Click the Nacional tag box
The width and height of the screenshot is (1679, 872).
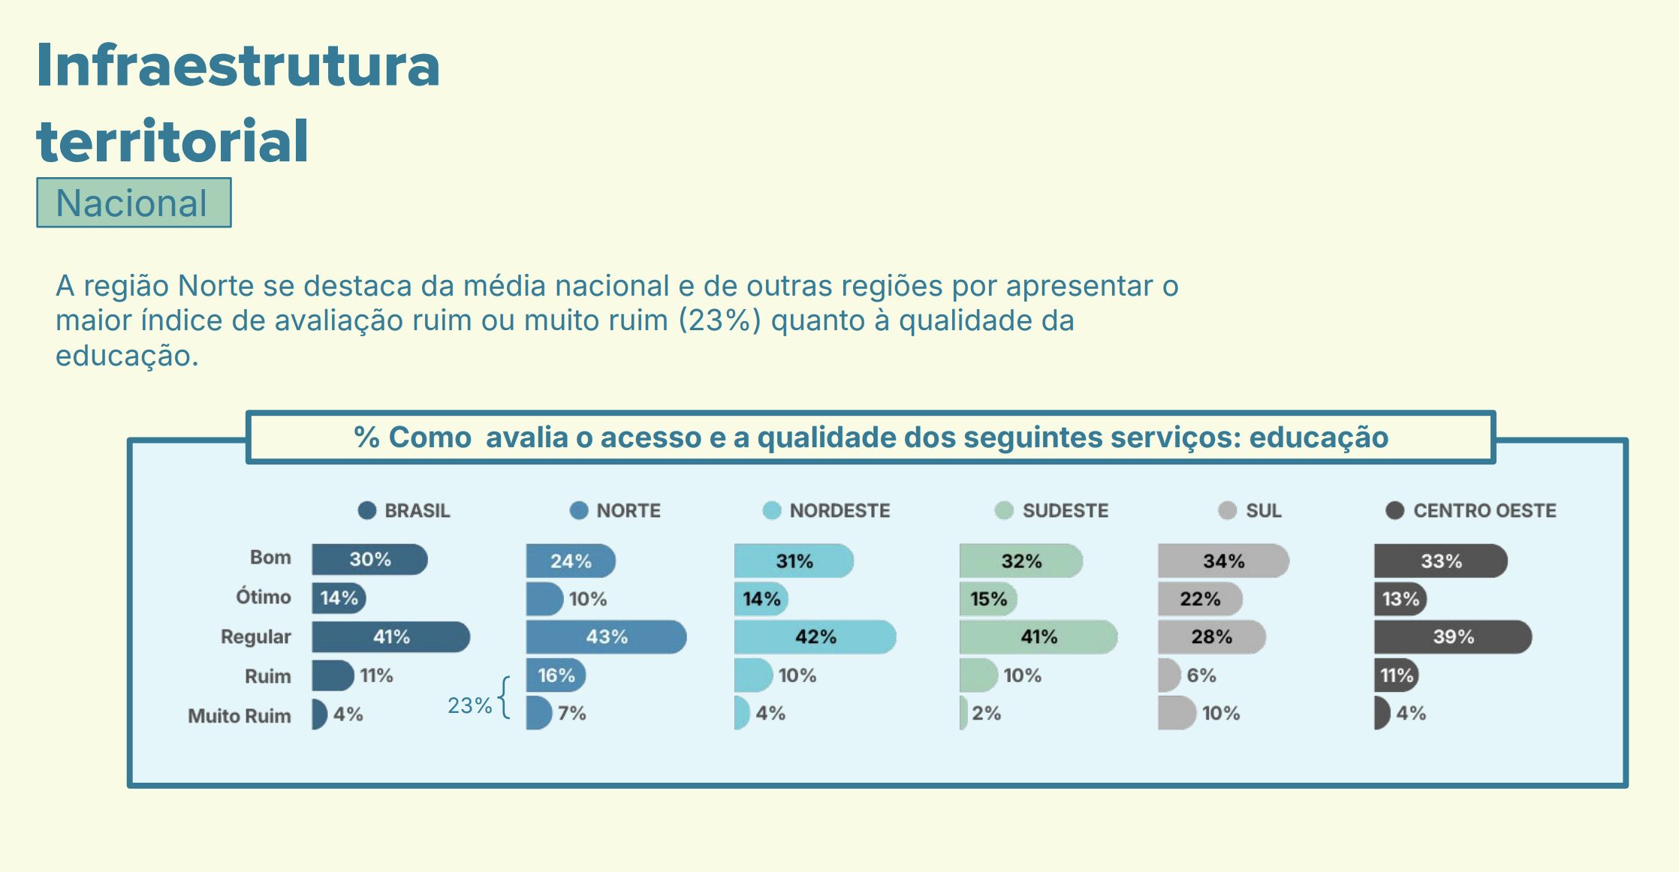pyautogui.click(x=134, y=203)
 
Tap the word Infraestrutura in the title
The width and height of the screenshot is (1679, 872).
pyautogui.click(x=237, y=66)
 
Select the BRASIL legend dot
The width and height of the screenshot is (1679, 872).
pyautogui.click(x=366, y=510)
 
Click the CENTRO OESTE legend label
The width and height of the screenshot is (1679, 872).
pyautogui.click(x=1484, y=510)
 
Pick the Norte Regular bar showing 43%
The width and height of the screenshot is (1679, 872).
pyautogui.click(x=605, y=636)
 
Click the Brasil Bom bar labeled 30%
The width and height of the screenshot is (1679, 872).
pyautogui.click(x=369, y=560)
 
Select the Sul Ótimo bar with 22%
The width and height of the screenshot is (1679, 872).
pyautogui.click(x=1199, y=599)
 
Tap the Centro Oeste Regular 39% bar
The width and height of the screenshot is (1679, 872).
pyautogui.click(x=1452, y=636)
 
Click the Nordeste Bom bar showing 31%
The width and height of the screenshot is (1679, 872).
pyautogui.click(x=793, y=561)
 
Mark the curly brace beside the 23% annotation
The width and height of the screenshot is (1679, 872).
pyautogui.click(x=505, y=698)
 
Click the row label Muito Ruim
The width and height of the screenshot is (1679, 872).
pyautogui.click(x=239, y=716)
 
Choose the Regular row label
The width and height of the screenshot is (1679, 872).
pyautogui.click(x=255, y=636)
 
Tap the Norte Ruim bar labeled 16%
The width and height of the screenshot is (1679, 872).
pyautogui.click(x=555, y=675)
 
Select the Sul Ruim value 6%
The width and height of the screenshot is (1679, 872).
pyautogui.click(x=1201, y=675)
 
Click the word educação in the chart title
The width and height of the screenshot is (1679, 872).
pyautogui.click(x=1319, y=438)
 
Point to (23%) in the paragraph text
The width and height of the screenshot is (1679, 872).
pyautogui.click(x=719, y=321)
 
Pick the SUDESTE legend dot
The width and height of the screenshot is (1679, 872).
pyautogui.click(x=1003, y=510)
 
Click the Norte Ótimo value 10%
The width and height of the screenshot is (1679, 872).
pyautogui.click(x=587, y=599)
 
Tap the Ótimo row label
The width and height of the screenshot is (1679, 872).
pyautogui.click(x=263, y=597)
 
